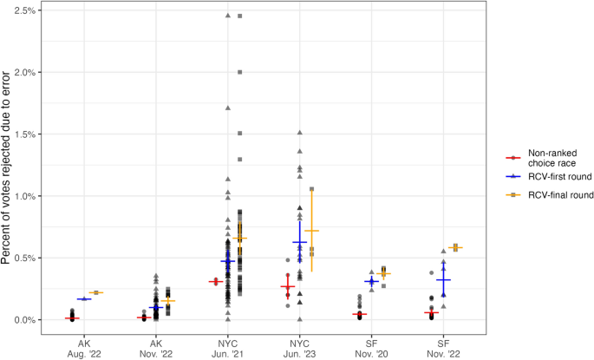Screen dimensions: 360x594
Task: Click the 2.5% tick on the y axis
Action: (x=24, y=10)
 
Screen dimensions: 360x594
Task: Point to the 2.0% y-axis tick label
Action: (x=24, y=72)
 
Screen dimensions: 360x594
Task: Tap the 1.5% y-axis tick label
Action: (x=24, y=134)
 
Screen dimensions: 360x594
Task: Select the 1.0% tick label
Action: (x=24, y=196)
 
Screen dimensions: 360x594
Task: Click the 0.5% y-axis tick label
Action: (x=24, y=259)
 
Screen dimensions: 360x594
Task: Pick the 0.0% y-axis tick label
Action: (x=24, y=320)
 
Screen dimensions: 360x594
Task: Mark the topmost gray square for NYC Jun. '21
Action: (x=240, y=16)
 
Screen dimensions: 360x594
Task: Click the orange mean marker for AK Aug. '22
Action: (x=96, y=292)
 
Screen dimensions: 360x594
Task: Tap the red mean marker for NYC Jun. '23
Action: (x=288, y=286)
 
